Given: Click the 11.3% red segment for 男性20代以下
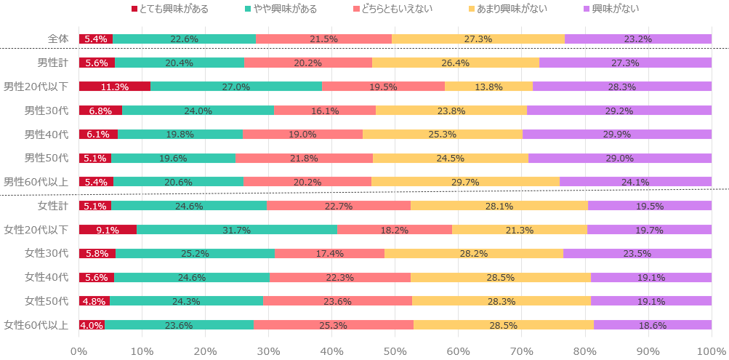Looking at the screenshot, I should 115,87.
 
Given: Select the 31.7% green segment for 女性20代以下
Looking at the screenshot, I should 237,230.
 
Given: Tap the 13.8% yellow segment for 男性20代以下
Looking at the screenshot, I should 488,87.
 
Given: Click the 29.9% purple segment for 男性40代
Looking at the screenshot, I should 617,134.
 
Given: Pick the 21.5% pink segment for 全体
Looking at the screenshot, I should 323,39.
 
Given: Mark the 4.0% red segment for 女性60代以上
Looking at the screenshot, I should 92,325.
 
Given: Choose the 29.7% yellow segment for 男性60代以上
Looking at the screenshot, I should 465,182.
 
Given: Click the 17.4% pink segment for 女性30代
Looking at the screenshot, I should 329,253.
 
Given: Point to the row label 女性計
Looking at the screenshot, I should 53,206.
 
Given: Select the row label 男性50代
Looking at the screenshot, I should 47,158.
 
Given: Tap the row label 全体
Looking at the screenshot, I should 57,39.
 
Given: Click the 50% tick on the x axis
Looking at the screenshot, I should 395,351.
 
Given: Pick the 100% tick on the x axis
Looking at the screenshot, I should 710,351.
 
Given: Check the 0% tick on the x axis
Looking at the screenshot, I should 79,351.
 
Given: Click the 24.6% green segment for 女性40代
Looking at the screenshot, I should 192,277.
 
